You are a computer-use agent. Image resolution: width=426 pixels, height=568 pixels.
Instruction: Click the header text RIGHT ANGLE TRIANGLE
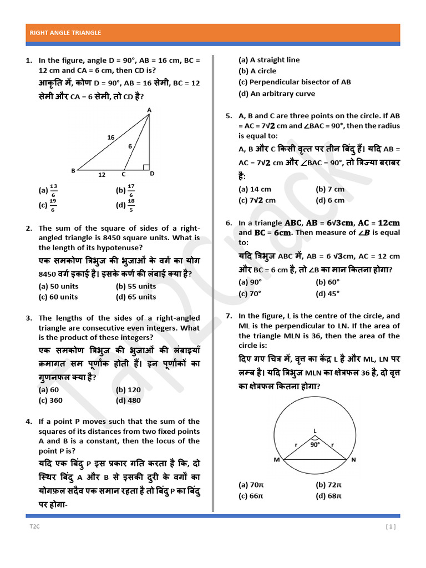(65, 33)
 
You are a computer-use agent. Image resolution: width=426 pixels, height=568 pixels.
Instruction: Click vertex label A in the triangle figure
(149, 110)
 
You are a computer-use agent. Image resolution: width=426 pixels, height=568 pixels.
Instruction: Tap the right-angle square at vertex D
(145, 166)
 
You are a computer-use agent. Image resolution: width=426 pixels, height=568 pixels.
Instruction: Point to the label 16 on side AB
(111, 137)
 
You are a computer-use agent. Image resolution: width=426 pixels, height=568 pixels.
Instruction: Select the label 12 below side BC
(102, 175)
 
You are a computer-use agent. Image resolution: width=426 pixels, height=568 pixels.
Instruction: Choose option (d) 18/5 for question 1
(125, 206)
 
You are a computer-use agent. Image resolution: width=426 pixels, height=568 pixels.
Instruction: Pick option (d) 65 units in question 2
(136, 297)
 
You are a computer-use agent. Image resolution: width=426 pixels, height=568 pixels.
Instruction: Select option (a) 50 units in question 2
(58, 286)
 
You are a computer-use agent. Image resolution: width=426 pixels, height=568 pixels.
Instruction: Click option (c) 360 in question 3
(50, 400)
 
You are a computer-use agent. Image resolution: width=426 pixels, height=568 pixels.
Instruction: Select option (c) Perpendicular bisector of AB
(295, 82)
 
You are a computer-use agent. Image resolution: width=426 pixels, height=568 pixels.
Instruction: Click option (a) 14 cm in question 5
(255, 189)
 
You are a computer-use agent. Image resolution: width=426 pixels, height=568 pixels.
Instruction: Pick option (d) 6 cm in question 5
(330, 200)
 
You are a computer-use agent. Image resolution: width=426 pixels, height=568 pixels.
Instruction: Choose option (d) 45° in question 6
(327, 294)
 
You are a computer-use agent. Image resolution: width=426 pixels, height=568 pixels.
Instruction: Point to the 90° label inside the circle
(315, 444)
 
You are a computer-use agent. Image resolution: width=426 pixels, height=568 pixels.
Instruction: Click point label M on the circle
(276, 460)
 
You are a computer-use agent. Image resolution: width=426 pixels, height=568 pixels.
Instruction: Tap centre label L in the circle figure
(315, 430)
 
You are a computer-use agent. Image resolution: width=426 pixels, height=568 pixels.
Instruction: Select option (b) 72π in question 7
(328, 485)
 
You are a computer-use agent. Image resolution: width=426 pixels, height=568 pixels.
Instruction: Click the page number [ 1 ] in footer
(390, 527)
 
